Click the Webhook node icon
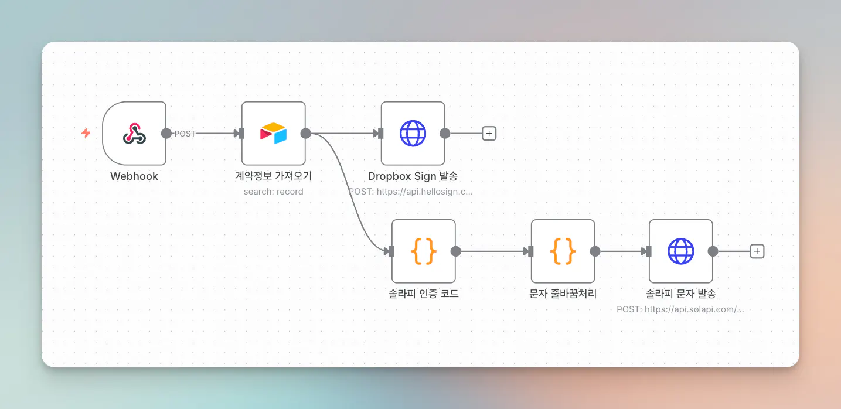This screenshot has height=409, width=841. click(x=134, y=134)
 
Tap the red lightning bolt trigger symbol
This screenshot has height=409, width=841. click(x=86, y=133)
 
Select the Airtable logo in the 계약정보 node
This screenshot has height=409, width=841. click(x=273, y=133)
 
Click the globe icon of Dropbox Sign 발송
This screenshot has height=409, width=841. click(x=413, y=133)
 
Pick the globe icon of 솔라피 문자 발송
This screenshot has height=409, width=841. click(x=680, y=251)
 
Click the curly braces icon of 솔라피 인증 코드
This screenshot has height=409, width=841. click(x=424, y=251)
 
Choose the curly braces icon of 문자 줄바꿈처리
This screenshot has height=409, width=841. click(x=563, y=251)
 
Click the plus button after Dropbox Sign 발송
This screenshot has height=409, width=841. click(x=489, y=133)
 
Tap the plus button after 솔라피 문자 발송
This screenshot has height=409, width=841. click(x=757, y=251)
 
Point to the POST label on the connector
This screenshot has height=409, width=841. click(x=185, y=134)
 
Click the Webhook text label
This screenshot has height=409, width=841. click(x=134, y=176)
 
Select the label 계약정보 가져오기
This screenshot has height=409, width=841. click(x=273, y=176)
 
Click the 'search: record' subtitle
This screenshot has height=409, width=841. click(x=273, y=192)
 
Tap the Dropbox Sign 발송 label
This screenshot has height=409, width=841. click(x=413, y=176)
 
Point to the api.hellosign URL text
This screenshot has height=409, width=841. click(x=424, y=192)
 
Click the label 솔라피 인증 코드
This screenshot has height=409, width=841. click(x=424, y=294)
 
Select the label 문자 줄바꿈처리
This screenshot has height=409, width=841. click(x=563, y=294)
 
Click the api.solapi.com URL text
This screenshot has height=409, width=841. click(x=694, y=309)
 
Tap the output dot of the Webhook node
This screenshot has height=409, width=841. click(x=166, y=133)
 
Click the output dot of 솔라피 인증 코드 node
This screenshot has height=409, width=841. click(x=455, y=251)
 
